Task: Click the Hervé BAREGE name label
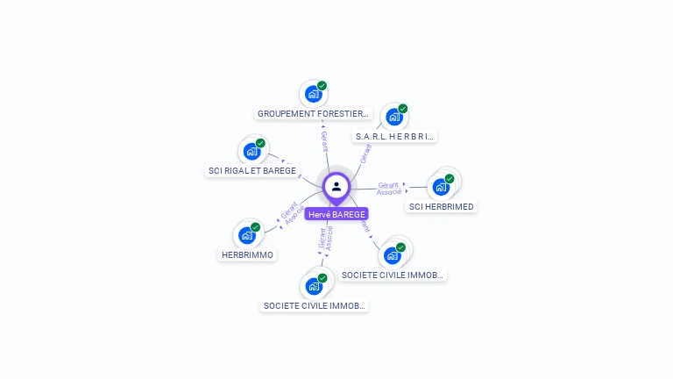[x=336, y=214]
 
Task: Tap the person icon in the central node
[x=336, y=186]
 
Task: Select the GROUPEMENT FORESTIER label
[x=314, y=113]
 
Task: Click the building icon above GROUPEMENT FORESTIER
[x=312, y=94]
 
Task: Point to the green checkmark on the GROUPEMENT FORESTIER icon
[x=322, y=86]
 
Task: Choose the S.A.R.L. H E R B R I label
[x=394, y=136]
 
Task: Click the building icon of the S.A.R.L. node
[x=394, y=117]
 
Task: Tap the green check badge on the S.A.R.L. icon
[x=403, y=109]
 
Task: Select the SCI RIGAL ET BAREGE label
[x=252, y=170]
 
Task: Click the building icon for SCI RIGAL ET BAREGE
[x=251, y=152]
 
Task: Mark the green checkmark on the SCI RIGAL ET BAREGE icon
[x=260, y=143]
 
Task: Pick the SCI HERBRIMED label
[x=442, y=207]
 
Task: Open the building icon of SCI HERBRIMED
[x=441, y=187]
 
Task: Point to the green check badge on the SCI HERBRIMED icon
[x=450, y=179]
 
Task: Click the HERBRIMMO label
[x=247, y=254]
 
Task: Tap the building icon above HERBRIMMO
[x=246, y=235]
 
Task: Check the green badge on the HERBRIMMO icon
[x=255, y=227]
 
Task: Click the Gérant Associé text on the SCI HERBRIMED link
[x=389, y=188]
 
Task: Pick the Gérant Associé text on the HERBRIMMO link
[x=292, y=213]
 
